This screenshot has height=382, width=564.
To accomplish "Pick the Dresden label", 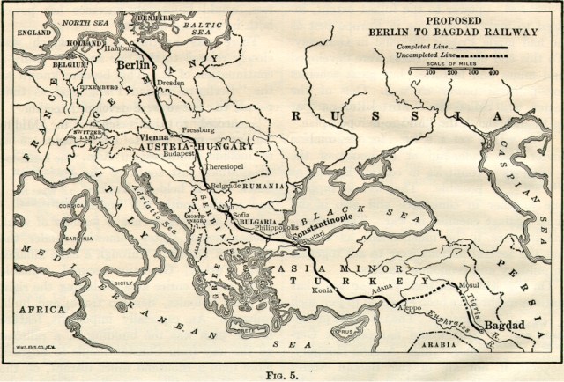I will point(172,83).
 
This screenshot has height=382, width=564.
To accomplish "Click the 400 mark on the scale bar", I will point(493,72).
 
